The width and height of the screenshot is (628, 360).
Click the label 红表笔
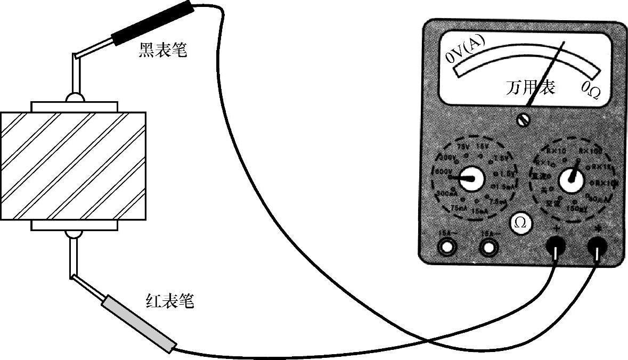(x=170, y=301)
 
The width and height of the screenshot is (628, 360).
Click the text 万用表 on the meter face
(x=530, y=87)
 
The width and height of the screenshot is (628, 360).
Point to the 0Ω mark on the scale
(x=591, y=91)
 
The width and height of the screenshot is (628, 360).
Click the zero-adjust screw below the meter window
(x=523, y=120)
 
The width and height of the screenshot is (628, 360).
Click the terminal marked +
(x=555, y=246)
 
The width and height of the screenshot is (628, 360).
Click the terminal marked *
(x=597, y=246)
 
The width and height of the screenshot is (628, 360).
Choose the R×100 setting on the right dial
(x=590, y=152)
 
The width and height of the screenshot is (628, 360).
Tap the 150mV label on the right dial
(x=575, y=208)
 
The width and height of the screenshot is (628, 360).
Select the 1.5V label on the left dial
(x=507, y=174)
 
